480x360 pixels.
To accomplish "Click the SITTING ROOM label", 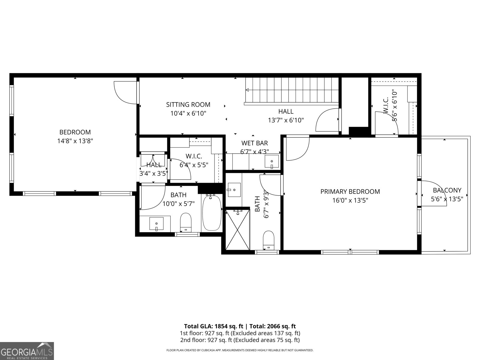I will tap(188, 105).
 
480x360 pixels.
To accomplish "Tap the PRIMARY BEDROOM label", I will tap(350, 191).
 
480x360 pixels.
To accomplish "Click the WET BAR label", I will tap(254, 143).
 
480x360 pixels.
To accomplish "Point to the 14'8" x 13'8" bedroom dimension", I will tap(75, 141).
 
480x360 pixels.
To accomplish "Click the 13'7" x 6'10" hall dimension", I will tap(286, 120).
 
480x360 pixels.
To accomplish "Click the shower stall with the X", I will tap(238, 229).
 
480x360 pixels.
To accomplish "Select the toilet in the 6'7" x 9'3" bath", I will tap(268, 240).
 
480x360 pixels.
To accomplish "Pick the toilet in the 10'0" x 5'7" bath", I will tap(186, 222).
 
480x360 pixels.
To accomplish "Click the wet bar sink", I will tap(272, 162).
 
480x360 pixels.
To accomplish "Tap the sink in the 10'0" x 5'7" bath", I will tap(156, 223).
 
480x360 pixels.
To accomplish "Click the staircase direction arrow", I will tap(247, 90).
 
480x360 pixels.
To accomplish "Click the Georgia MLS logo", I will tap(27, 351).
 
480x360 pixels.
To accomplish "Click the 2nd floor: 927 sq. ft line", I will tap(240, 340).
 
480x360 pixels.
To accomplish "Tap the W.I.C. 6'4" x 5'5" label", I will tap(194, 160).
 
